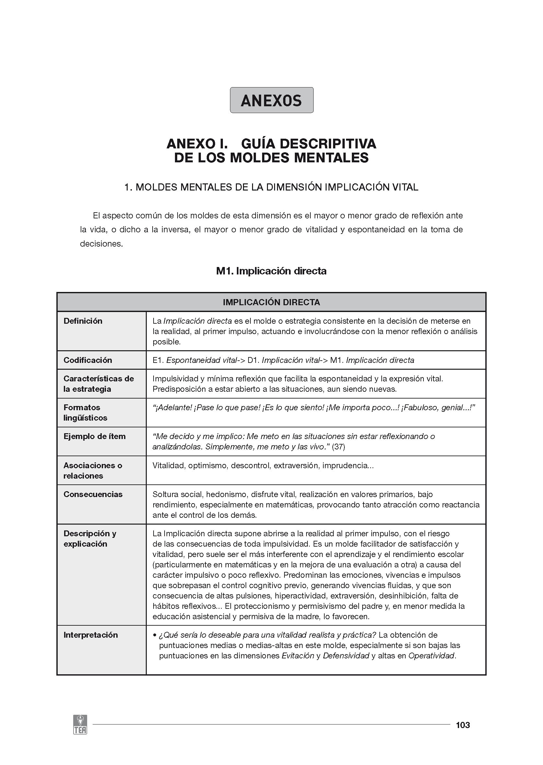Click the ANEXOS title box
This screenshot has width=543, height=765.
click(x=271, y=100)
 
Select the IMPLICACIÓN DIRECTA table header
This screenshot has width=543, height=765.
click(x=271, y=302)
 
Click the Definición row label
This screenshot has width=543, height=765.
click(x=83, y=321)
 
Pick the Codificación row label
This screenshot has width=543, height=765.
click(x=87, y=360)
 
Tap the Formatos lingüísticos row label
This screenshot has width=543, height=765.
click(x=85, y=412)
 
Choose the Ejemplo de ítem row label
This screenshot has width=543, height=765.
click(x=94, y=436)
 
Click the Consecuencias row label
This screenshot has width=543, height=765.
click(x=93, y=494)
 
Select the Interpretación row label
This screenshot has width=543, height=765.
click(x=91, y=635)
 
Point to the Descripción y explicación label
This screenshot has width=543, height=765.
click(x=90, y=539)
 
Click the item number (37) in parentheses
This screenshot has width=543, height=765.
click(x=338, y=447)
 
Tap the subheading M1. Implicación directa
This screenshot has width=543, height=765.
click(x=271, y=271)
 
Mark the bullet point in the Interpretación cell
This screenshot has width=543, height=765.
click(x=155, y=635)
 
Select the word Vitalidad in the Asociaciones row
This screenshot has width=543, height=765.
click(x=169, y=465)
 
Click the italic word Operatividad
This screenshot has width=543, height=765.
click(x=431, y=656)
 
